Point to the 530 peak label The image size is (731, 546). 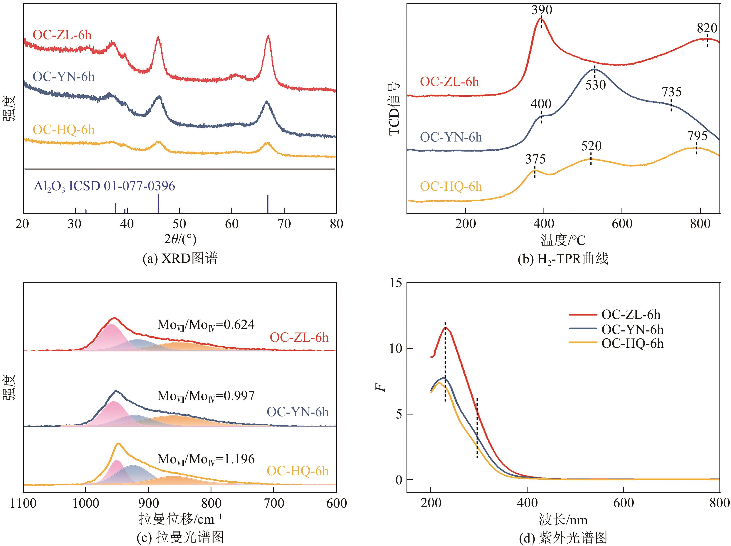click(x=596, y=85)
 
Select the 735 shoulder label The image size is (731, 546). click(x=672, y=92)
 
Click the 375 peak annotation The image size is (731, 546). click(x=536, y=160)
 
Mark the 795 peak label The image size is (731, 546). click(x=698, y=136)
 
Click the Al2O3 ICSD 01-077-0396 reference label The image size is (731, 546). click(x=104, y=187)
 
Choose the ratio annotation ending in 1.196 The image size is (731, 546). click(x=206, y=459)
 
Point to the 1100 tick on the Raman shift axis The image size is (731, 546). click(x=23, y=503)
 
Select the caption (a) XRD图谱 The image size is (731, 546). click(x=180, y=258)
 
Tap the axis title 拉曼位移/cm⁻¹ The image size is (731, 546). click(x=180, y=519)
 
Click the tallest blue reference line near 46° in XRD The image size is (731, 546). click(x=158, y=203)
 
